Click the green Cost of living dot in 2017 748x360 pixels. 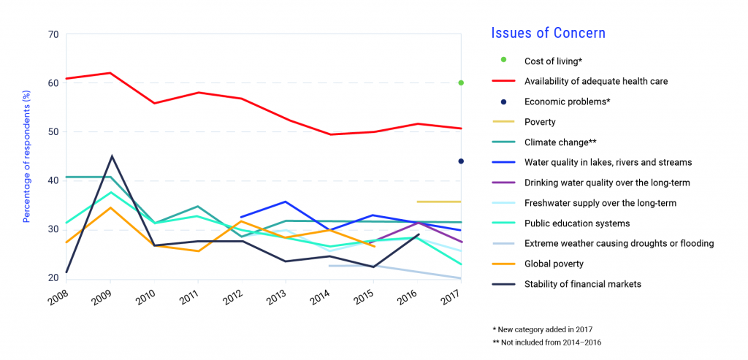[x=461, y=83]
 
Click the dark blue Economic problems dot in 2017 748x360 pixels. [x=461, y=161]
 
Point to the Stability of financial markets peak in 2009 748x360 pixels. [x=111, y=156]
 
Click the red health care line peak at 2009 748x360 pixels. [x=110, y=73]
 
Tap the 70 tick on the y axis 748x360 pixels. [x=53, y=34]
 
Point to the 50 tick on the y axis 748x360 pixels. [x=53, y=132]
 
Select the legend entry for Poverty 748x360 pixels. [x=540, y=122]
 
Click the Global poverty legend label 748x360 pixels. [x=554, y=264]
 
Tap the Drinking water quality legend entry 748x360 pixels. [x=606, y=183]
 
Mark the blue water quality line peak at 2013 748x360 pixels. [x=286, y=202]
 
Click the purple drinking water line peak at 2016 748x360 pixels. [x=417, y=222]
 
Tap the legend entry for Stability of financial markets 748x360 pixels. [x=583, y=284]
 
